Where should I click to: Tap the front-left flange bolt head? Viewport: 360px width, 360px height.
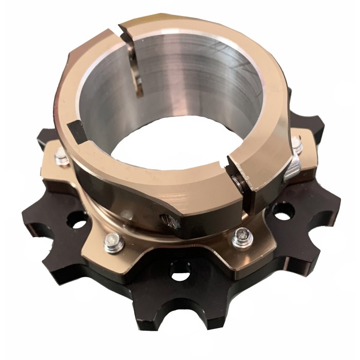tap(114, 242)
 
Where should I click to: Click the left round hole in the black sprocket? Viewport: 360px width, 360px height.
tap(79, 223)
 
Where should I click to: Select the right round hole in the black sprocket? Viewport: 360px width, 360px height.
tap(282, 212)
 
